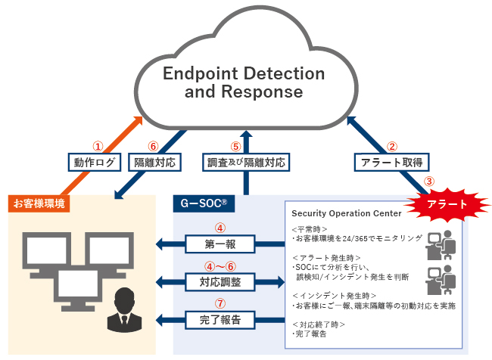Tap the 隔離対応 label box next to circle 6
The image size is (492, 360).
156,161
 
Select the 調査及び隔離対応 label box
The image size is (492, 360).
246,161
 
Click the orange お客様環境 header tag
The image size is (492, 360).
40,203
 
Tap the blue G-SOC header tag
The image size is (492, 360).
204,203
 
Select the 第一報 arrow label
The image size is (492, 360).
220,244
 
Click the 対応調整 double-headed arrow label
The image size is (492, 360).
220,281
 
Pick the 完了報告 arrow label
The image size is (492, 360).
220,320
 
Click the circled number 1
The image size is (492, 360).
96,145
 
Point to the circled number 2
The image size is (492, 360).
392,146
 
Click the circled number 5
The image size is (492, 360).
235,146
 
